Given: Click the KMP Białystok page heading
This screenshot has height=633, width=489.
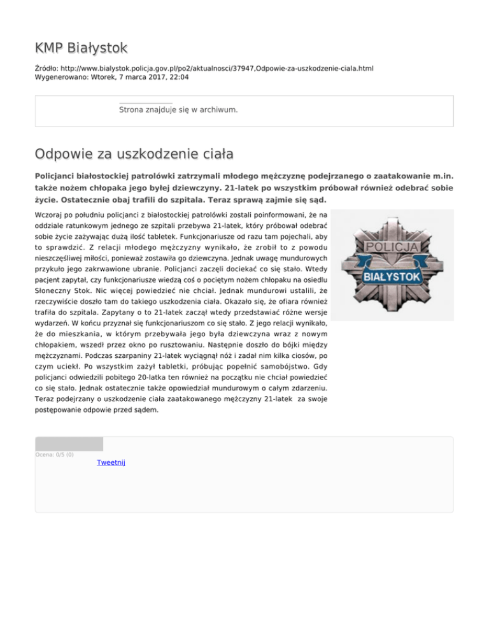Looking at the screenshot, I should click(x=81, y=48).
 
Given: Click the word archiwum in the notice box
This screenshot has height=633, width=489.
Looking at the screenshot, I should click(x=216, y=110).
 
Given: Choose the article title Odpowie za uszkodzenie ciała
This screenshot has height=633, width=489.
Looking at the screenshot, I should click(x=134, y=153).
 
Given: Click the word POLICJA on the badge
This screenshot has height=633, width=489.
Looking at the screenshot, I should click(x=393, y=247).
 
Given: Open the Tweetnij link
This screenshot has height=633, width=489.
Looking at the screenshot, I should click(x=111, y=462).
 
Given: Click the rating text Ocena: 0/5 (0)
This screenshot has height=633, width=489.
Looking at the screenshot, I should click(x=55, y=455).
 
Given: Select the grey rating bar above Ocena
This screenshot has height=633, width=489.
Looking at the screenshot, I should click(x=69, y=444).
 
